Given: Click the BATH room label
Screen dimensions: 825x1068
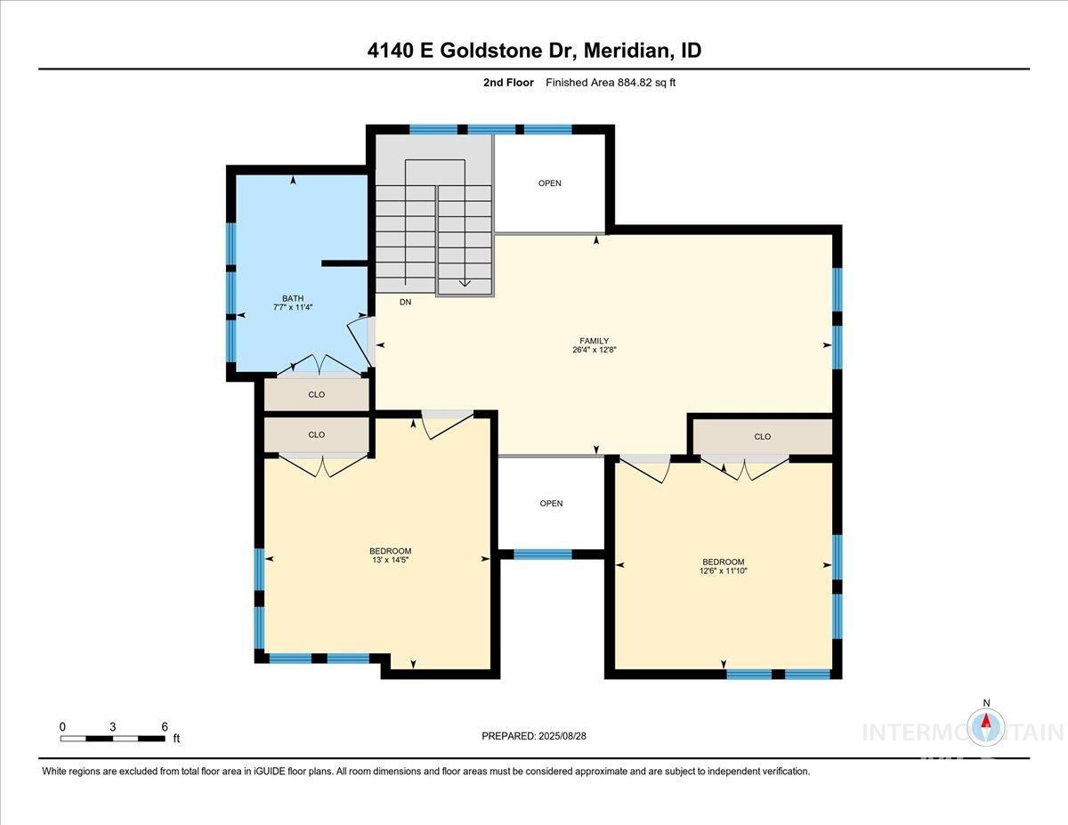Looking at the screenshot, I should coord(293,298).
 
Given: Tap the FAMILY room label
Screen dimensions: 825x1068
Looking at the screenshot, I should coord(594,341).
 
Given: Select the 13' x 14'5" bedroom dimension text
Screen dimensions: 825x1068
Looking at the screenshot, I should coord(390,561).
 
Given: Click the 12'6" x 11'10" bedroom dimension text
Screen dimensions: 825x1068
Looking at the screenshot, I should coord(723,571).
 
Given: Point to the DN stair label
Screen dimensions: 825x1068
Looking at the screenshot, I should coord(405,303).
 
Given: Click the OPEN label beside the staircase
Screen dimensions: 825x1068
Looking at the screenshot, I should coord(550,183).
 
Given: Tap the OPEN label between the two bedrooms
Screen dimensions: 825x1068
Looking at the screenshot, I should coord(551,504).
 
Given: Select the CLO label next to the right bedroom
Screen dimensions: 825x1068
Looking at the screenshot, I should coord(762,437).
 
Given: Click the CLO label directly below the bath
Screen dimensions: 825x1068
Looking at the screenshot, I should coord(316,394).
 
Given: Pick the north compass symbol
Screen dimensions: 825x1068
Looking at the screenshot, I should coord(986,726).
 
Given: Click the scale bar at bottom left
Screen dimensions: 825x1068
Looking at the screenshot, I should coord(112,738).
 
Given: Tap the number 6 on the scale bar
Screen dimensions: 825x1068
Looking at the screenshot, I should coord(164,726).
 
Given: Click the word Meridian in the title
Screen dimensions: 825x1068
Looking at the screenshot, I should coord(628,51).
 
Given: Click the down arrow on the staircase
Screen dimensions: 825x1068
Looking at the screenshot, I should coord(464,283).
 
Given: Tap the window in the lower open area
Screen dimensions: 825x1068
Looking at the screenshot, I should coord(543,554).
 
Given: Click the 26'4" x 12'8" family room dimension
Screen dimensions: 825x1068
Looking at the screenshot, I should coord(594,351).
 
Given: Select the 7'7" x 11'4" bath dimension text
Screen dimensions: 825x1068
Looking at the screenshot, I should coord(293,308).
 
